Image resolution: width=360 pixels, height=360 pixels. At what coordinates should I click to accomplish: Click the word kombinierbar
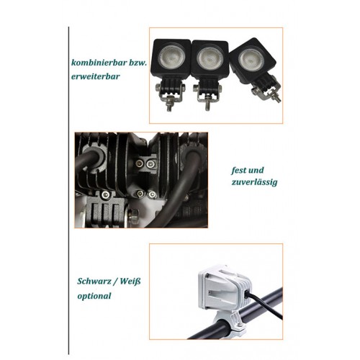(x=99, y=63)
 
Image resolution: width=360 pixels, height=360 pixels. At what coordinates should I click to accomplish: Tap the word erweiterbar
(x=96, y=76)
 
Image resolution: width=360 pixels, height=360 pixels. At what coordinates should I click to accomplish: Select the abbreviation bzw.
(x=138, y=63)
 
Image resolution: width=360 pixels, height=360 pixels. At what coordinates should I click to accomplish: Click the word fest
(x=239, y=170)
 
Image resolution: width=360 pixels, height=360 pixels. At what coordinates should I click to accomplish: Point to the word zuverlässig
(x=254, y=182)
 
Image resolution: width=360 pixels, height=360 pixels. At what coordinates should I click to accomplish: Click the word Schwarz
(x=94, y=282)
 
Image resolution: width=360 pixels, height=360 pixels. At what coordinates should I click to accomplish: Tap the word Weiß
(x=130, y=281)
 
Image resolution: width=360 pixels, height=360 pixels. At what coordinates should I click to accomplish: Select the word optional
(x=94, y=296)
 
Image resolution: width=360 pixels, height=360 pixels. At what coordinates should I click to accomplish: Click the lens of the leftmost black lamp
(x=171, y=57)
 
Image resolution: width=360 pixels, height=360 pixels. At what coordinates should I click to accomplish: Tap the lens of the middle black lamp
(x=210, y=58)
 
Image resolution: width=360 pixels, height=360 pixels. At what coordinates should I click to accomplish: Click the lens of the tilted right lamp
(x=251, y=59)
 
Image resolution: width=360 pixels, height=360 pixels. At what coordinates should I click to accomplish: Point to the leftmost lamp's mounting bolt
(x=169, y=103)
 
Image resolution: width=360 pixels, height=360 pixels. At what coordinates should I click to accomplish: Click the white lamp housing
(x=225, y=287)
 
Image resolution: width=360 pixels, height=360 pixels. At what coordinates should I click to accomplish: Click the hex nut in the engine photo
(x=132, y=216)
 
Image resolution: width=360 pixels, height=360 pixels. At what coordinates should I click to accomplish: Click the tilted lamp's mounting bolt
(x=276, y=96)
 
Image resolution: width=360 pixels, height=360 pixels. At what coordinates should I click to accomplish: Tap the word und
(x=256, y=170)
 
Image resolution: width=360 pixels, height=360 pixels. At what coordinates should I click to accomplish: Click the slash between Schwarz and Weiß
(x=115, y=282)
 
